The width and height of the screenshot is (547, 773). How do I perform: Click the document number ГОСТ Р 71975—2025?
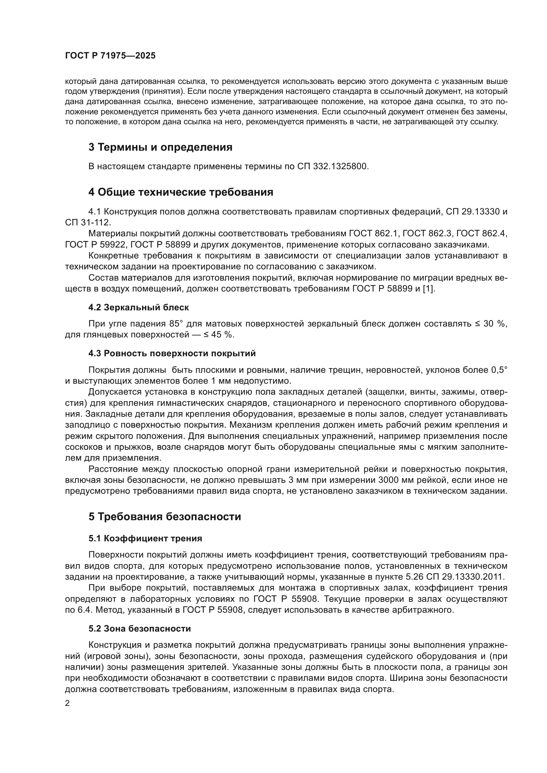(110, 56)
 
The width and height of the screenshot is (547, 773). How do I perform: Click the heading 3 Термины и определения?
(160, 147)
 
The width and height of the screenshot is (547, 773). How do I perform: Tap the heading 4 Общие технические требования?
(181, 192)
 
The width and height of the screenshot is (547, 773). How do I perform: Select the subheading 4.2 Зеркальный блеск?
(139, 307)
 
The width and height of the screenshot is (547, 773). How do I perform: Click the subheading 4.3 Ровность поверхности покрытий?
(172, 354)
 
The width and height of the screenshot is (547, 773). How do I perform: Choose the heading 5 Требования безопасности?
(165, 517)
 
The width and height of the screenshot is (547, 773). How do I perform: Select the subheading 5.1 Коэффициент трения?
(145, 538)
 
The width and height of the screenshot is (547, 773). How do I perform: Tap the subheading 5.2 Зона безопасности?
(140, 629)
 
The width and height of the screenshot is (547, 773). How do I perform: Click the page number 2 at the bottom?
(67, 703)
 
